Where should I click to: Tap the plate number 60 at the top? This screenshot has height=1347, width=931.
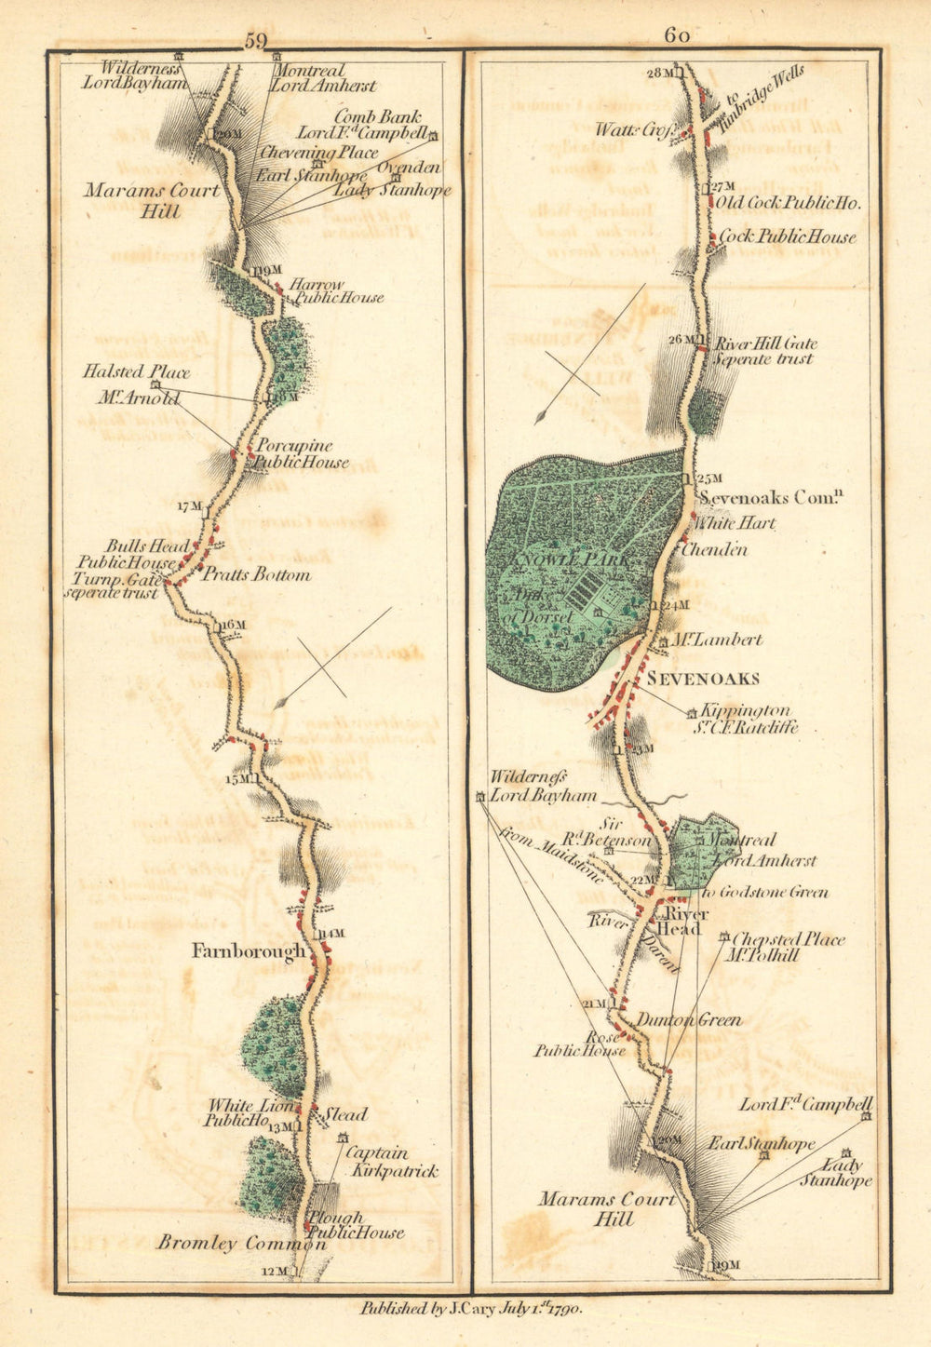coord(677,35)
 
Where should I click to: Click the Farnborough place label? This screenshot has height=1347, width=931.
coord(248,951)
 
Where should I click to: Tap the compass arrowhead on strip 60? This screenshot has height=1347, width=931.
coord(540,417)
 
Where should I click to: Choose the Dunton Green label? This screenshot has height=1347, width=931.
coord(689,1020)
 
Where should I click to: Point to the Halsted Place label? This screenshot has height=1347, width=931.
coord(136,372)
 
